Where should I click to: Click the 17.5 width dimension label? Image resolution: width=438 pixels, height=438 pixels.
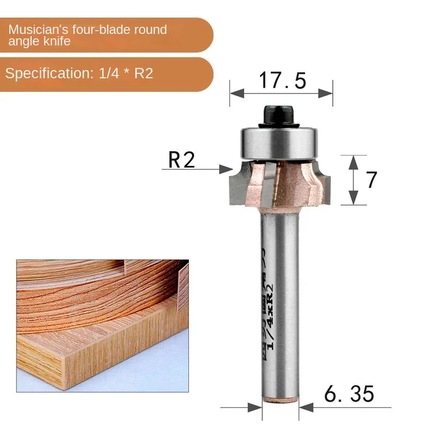282,80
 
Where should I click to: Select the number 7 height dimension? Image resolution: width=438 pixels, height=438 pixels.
372,180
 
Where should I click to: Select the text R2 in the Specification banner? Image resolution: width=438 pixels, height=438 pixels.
143,73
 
